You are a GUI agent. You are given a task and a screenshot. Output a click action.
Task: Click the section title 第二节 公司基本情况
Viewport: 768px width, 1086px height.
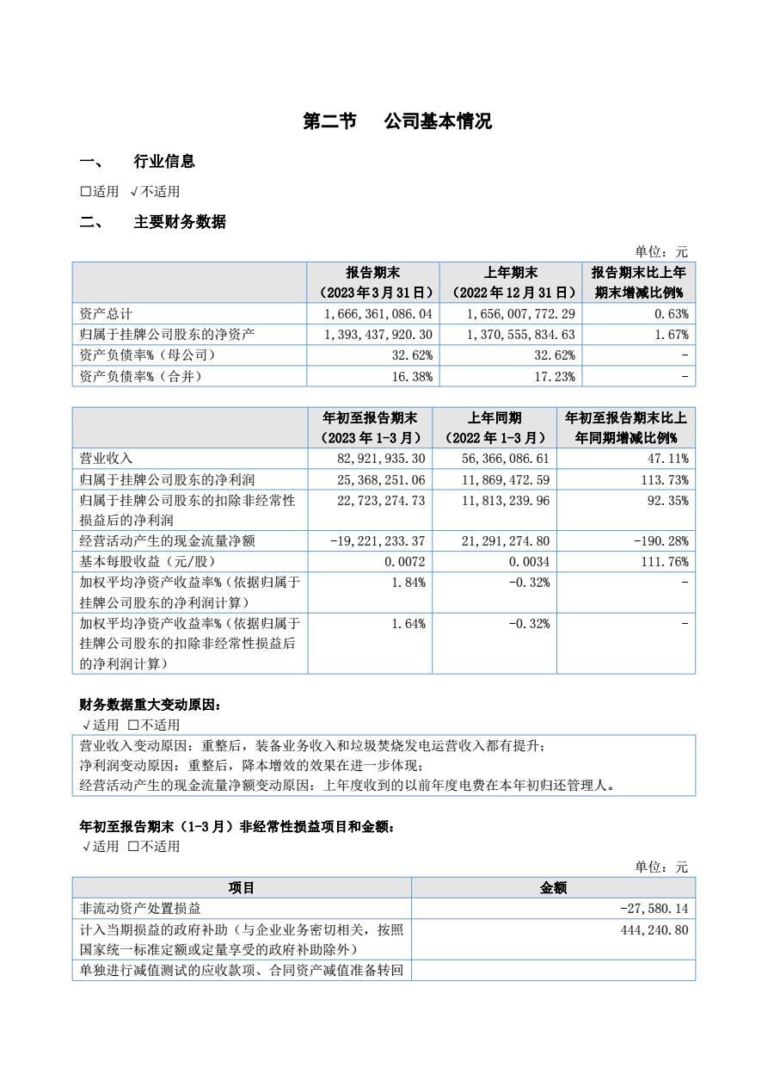coord(397,121)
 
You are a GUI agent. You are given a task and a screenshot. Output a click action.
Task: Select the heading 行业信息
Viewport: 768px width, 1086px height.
coord(163,161)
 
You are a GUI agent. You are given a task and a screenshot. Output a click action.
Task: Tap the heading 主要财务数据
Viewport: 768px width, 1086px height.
coord(180,222)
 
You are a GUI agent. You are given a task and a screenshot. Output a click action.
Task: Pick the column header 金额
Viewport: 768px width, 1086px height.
coord(553,888)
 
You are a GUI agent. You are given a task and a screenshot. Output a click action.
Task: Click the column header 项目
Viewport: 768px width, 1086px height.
coord(242,888)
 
